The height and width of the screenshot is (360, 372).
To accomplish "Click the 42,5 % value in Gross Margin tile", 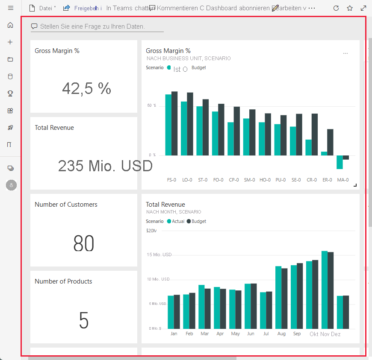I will [x=86, y=88].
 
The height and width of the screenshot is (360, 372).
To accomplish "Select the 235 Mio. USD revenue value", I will [x=105, y=166].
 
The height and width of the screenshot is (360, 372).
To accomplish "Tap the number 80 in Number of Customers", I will [x=84, y=243].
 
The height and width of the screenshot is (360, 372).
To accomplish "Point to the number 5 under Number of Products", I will [x=84, y=320].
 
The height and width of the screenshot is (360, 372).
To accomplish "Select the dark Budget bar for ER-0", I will [x=330, y=142].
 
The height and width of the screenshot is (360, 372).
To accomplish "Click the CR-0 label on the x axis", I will [x=312, y=180].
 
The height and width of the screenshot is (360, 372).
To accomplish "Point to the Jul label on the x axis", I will [x=266, y=334].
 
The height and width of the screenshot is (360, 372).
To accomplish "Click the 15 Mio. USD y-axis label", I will [x=159, y=255].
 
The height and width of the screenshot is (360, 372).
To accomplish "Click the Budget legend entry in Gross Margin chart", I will [x=198, y=67].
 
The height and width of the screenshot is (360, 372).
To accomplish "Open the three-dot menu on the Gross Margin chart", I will [x=345, y=53].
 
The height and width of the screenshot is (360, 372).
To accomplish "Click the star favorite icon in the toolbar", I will [x=350, y=8].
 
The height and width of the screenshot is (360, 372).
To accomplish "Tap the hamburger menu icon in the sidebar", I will [x=11, y=8].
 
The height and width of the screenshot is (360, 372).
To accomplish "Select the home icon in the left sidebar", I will [x=11, y=25].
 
